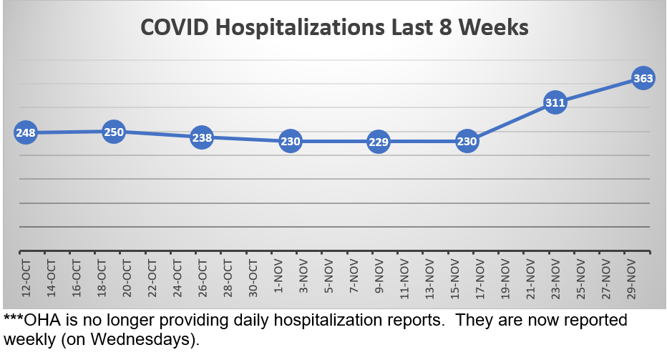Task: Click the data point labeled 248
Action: tap(25, 132)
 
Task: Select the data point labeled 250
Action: tap(114, 132)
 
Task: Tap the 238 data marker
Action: tap(202, 138)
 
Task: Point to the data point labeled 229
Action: tap(379, 142)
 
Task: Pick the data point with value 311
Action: tap(555, 102)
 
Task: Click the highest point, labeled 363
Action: tap(643, 78)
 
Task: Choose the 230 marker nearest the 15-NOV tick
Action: tap(467, 142)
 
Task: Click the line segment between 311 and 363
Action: tap(599, 90)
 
